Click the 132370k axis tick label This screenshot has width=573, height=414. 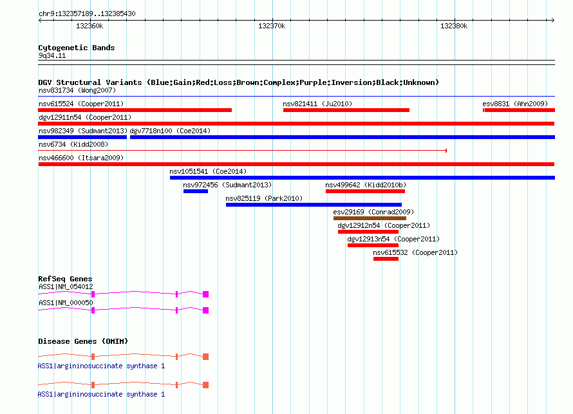click(x=272, y=26)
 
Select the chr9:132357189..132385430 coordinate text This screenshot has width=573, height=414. click(x=87, y=14)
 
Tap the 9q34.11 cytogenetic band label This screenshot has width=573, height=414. click(x=52, y=55)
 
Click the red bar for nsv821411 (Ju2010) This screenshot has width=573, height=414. click(x=346, y=110)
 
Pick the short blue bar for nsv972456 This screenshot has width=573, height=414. click(x=196, y=191)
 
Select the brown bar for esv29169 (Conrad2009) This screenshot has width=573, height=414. click(x=370, y=218)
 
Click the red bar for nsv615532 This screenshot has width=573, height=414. click(x=386, y=259)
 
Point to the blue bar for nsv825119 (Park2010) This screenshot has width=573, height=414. click(x=314, y=205)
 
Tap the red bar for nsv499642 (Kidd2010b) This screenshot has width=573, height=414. click(x=365, y=191)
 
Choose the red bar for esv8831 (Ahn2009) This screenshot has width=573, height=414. click(x=519, y=110)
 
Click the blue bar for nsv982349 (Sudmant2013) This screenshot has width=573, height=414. click(x=82, y=137)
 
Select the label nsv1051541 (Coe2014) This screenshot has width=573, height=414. click(x=208, y=171)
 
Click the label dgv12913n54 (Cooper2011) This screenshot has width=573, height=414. click(x=393, y=239)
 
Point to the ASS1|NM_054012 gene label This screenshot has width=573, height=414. click(x=66, y=287)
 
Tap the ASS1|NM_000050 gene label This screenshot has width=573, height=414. click(x=66, y=303)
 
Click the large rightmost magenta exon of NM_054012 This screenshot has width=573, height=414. click(x=206, y=294)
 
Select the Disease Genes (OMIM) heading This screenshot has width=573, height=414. click(x=83, y=341)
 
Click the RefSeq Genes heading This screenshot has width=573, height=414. click(x=65, y=279)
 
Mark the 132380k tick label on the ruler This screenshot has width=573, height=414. click(x=454, y=26)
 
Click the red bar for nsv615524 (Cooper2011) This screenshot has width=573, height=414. click(x=135, y=110)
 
